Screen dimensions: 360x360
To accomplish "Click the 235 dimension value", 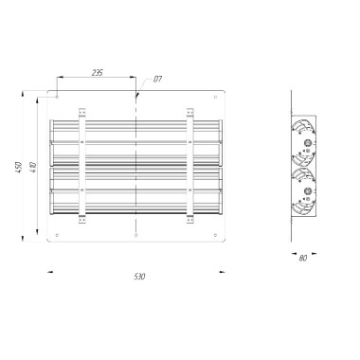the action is tap(98, 73).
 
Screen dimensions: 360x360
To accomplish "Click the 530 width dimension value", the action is tap(139, 277).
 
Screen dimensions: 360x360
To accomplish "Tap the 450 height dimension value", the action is tap(19, 167).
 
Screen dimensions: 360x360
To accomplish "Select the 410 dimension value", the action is tap(34, 167).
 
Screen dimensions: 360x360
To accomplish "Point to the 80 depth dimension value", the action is tap(303, 259).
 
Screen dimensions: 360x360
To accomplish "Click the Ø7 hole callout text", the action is tap(157, 80).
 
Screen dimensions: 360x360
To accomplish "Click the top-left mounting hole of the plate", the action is tap(57, 97).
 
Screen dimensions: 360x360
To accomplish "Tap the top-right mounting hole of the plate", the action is tap(215, 97).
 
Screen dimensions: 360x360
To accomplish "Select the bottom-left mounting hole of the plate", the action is tap(57, 235).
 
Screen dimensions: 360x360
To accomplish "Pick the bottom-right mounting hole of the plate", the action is tap(215, 235).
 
